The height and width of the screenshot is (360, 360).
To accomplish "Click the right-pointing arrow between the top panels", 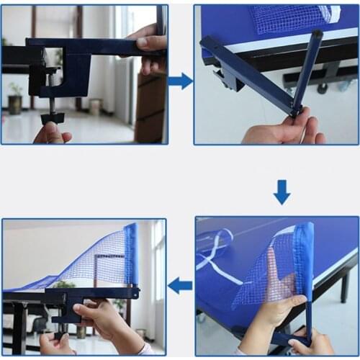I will coord(180,81).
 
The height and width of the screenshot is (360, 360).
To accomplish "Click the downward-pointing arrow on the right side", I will coord(282,192).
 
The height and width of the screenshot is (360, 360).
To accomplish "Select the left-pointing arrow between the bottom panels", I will coord(180,286).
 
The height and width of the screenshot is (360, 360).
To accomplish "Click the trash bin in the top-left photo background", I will coord(95,107).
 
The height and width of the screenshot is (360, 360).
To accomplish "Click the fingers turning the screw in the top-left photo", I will coord(50,133).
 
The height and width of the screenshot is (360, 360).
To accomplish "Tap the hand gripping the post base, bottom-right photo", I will coord(313,343).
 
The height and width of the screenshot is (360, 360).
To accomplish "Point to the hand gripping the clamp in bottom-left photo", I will coord(108,320).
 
